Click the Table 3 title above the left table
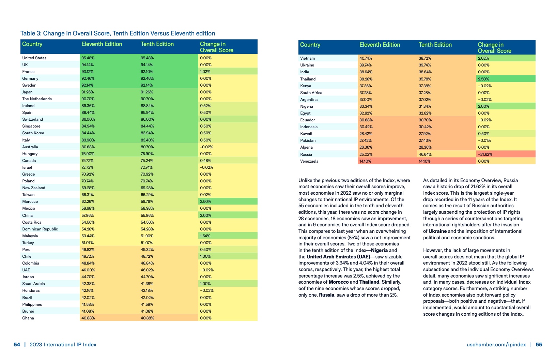coord(118,33)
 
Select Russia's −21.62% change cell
coord(485,154)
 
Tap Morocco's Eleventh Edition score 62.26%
coord(88,201)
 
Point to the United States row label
coord(34,58)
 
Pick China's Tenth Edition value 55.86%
coord(147,215)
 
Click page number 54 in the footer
coord(17,345)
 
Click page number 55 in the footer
coord(539,345)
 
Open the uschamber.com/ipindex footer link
coord(496,345)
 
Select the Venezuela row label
coord(309,161)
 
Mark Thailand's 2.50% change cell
coord(484,79)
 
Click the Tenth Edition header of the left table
coord(157,44)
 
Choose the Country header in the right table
coord(310,45)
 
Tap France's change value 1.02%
coord(205,72)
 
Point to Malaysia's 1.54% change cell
coord(205,236)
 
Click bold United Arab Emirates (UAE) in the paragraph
coord(338,257)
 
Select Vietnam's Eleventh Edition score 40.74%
coord(366,58)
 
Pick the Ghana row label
coord(28,318)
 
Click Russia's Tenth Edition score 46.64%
coord(425,154)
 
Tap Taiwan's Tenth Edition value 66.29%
coord(147,195)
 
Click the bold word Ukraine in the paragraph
coord(437,231)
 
